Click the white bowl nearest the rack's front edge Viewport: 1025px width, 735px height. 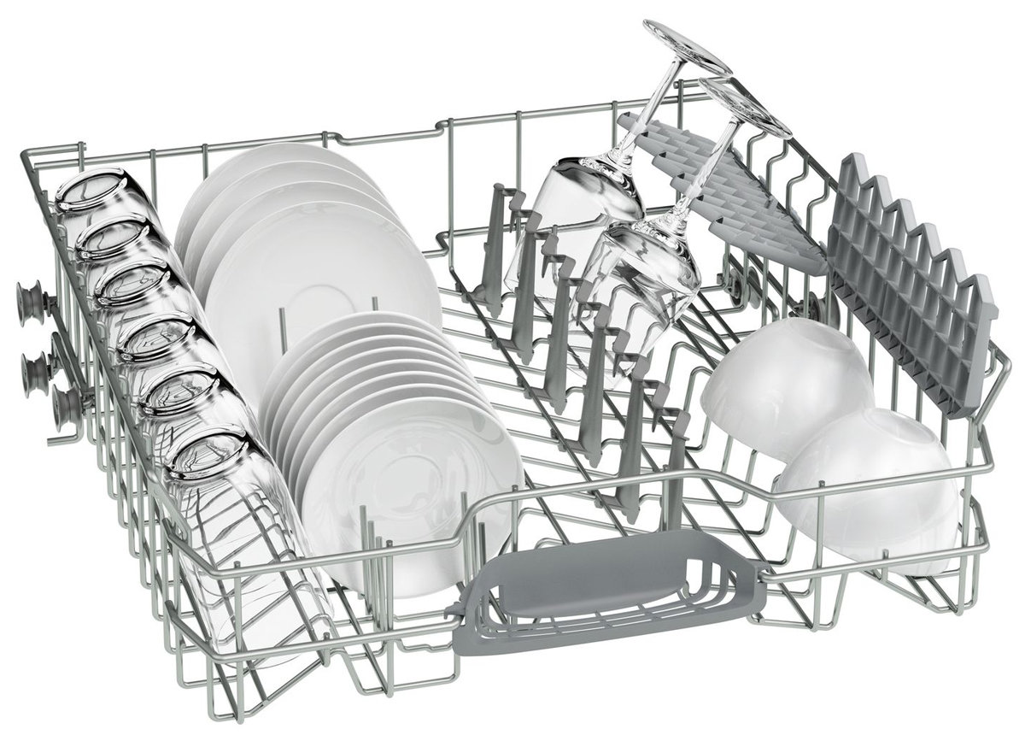click(867, 487)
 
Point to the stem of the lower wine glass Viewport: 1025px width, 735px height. click(700, 171)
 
